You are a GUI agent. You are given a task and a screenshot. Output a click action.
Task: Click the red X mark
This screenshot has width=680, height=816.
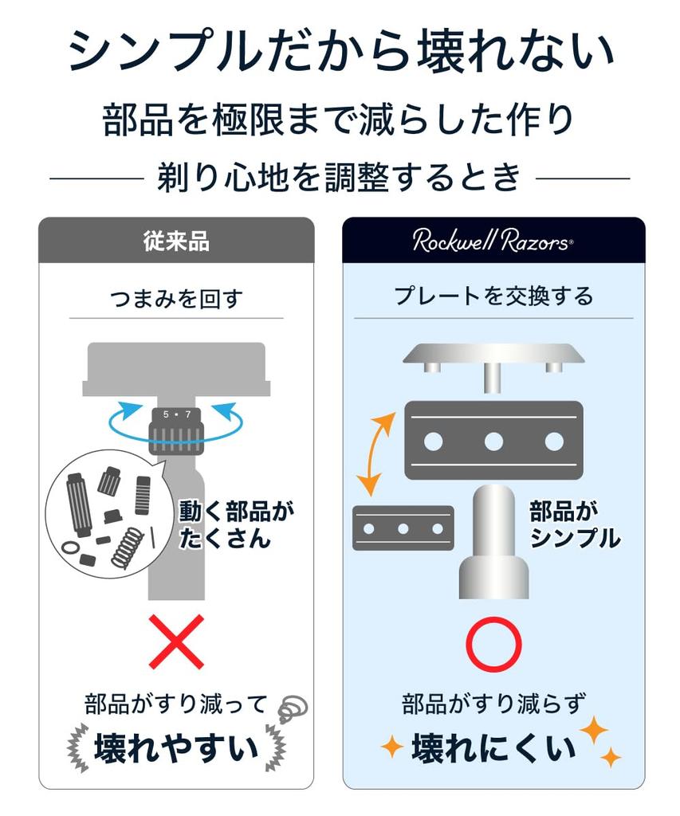176,641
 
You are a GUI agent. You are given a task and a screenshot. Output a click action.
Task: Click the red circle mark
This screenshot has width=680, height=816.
493,644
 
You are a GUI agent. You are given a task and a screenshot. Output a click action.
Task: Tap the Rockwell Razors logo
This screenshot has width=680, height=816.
493,241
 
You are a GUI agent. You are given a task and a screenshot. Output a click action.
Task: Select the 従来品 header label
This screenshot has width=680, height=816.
176,241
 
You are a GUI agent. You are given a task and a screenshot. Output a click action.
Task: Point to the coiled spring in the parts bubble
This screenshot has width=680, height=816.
127,547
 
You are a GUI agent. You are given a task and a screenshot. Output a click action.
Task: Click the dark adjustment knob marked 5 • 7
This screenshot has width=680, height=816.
176,430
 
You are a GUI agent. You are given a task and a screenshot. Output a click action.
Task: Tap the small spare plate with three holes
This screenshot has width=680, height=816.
403,528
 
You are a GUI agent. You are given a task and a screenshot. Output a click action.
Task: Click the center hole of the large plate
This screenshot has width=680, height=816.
493,441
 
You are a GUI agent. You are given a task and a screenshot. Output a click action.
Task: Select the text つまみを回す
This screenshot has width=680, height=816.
176,298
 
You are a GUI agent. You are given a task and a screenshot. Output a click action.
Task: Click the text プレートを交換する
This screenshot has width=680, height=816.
493,296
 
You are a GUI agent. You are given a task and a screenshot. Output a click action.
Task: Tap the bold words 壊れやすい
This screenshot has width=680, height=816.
176,748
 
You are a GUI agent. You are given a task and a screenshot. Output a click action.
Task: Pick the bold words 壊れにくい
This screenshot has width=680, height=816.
493,748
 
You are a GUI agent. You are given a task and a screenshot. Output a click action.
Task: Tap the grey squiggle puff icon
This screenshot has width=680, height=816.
292,708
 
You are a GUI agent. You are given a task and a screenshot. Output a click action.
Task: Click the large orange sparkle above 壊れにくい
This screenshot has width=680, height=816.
594,730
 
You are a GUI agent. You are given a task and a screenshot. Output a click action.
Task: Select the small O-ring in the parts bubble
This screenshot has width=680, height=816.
69,547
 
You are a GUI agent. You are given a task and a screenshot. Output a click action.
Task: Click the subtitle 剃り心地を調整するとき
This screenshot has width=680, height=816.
340,177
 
